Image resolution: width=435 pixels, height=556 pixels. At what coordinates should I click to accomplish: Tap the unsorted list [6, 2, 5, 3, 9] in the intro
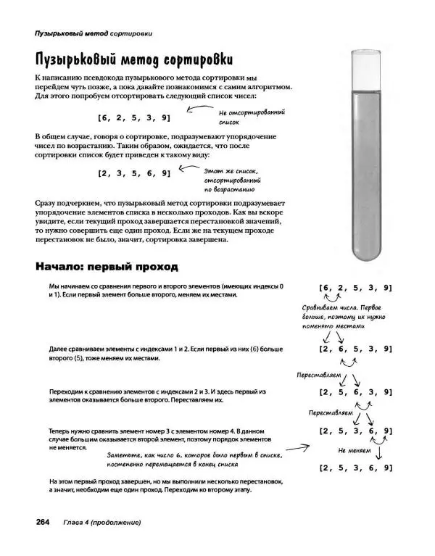pyautogui.click(x=134, y=117)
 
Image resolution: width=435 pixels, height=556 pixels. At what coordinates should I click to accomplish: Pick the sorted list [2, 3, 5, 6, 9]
pyautogui.click(x=134, y=173)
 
